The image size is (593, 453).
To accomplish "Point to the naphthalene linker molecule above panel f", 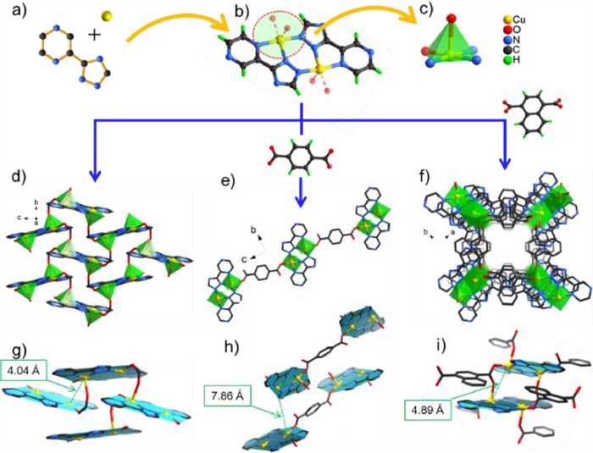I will point(522,119).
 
